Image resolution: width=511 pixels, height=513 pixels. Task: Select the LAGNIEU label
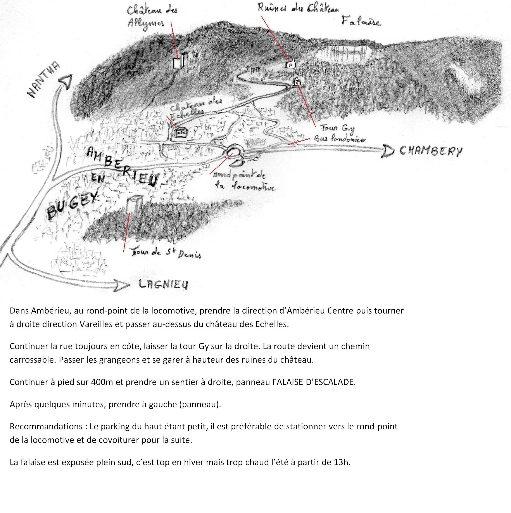tap(164, 284)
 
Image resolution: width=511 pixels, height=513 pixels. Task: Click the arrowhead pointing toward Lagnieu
tap(122, 285)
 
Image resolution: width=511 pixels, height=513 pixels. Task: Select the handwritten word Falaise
tap(361, 21)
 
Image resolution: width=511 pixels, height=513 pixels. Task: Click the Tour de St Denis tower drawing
tap(133, 206)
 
